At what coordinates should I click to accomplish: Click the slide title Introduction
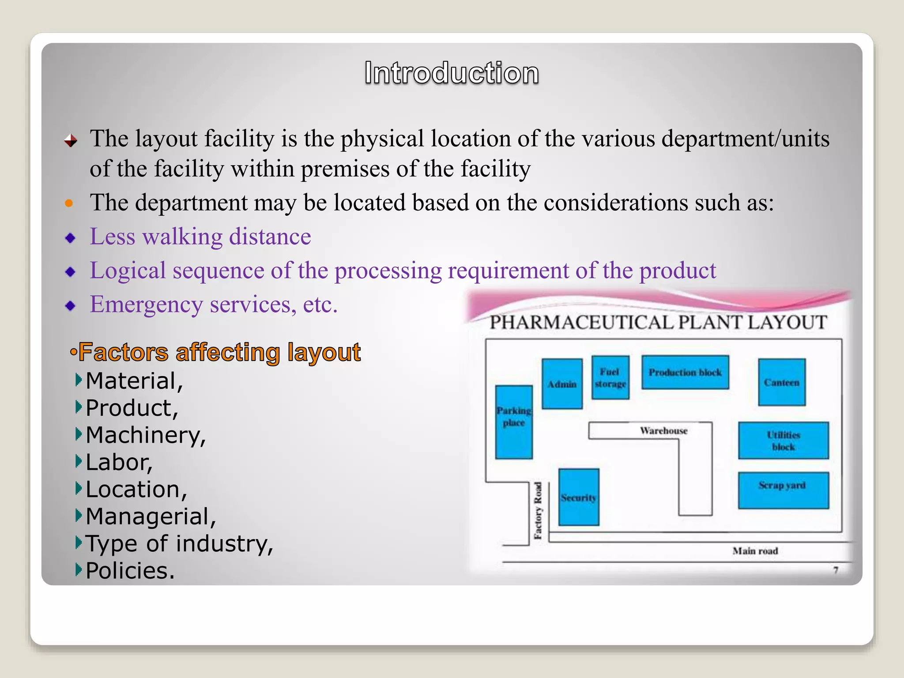[452, 73]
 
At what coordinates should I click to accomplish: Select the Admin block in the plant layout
[562, 384]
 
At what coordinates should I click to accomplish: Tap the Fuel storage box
[610, 377]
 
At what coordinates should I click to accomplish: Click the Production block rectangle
[685, 372]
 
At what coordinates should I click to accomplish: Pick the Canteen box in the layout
[782, 382]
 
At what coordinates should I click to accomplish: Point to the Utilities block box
[783, 441]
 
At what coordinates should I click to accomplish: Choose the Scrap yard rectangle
[783, 490]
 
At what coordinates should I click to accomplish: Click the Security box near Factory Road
[579, 497]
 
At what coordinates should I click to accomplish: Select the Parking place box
[514, 422]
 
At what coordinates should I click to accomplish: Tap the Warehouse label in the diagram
[663, 430]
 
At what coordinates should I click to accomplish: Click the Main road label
[755, 551]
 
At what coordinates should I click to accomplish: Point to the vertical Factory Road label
[538, 510]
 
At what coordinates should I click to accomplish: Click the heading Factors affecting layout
[219, 352]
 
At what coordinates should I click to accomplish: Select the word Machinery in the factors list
[146, 435]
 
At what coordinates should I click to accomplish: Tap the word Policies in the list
[130, 571]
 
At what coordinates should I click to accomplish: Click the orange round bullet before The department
[69, 203]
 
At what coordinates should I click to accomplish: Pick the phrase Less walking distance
[200, 237]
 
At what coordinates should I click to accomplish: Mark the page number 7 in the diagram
[836, 570]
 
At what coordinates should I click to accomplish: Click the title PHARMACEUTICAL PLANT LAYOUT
[658, 322]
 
